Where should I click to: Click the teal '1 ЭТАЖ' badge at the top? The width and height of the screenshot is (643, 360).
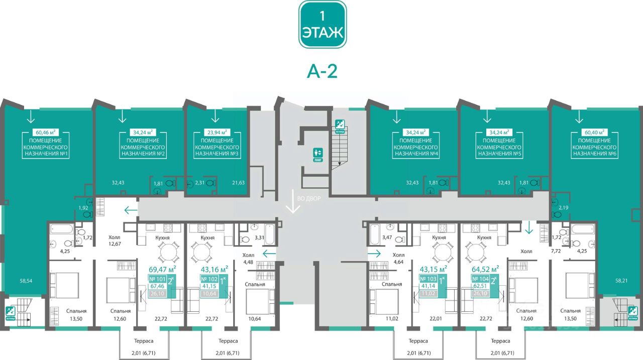pos(323,24)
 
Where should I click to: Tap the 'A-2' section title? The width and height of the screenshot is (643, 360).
pos(322,71)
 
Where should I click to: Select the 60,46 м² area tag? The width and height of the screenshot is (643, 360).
pos(46,133)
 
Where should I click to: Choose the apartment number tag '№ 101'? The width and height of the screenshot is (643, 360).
pos(159,279)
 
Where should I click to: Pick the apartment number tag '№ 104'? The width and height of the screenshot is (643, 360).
pos(481,279)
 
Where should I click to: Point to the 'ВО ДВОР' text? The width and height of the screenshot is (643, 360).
pos(309,198)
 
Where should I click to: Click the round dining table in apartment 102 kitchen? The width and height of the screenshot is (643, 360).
pos(204,251)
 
